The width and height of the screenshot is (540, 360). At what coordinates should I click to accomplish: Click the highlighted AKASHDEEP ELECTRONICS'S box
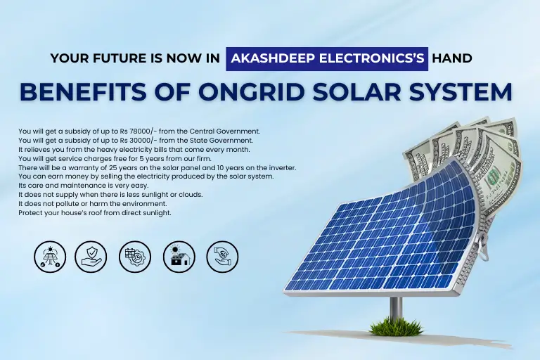(327, 59)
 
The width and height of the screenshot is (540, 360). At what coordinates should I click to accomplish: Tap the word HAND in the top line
(452, 58)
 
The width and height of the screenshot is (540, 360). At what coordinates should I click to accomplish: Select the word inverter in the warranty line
(283, 168)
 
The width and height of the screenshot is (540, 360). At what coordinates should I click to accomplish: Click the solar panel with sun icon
(51, 257)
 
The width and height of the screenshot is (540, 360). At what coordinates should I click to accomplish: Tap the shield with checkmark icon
(91, 257)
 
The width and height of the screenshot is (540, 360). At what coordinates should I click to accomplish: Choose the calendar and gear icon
(135, 257)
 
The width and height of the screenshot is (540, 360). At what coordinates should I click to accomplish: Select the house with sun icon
(179, 257)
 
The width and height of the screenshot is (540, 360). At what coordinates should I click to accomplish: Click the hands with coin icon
(222, 257)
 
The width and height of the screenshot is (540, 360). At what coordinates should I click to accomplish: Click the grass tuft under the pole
(397, 326)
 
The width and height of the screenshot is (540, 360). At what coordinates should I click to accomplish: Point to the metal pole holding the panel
(396, 309)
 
